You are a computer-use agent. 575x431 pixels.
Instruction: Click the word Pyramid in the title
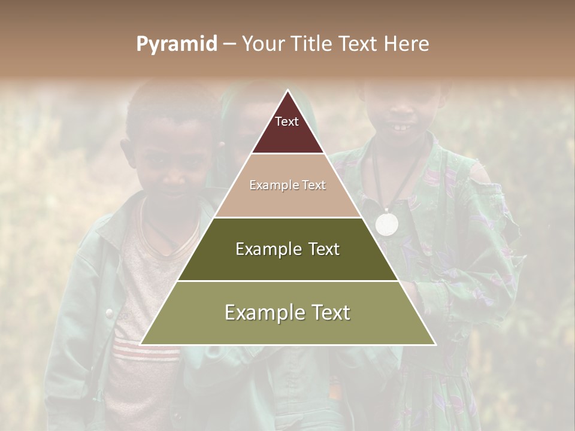click(x=177, y=44)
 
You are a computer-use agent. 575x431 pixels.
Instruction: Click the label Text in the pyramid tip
click(x=287, y=122)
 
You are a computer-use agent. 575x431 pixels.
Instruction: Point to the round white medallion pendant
click(x=386, y=224)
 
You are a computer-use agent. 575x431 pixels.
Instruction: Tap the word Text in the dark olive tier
click(x=321, y=249)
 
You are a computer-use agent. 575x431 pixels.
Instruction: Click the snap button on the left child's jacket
click(x=110, y=312)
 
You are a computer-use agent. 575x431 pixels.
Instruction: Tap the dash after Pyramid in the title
click(x=229, y=44)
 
